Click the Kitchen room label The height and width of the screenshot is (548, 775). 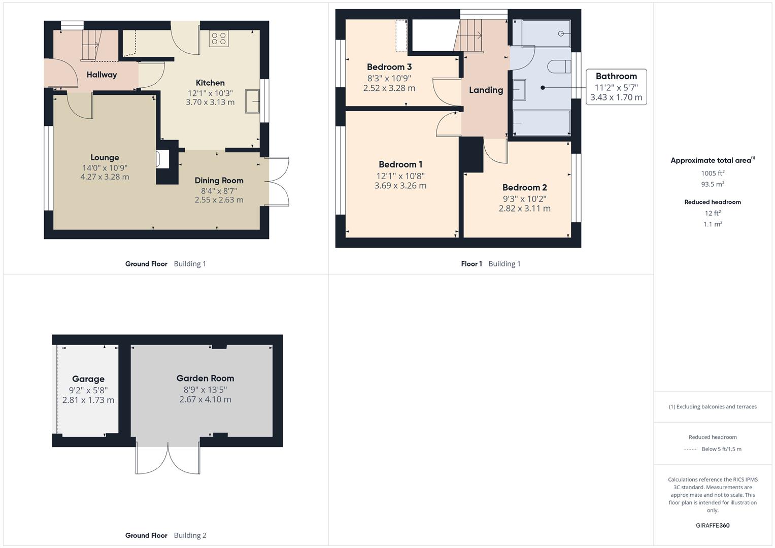pyautogui.click(x=210, y=83)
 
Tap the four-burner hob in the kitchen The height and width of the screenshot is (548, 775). pyautogui.click(x=219, y=39)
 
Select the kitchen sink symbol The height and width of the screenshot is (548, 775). pyautogui.click(x=252, y=101)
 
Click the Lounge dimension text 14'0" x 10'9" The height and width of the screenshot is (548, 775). pyautogui.click(x=105, y=167)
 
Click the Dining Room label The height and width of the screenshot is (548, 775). pyautogui.click(x=219, y=181)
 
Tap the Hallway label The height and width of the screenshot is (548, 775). pyautogui.click(x=102, y=75)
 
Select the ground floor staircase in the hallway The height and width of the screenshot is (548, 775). pyautogui.click(x=92, y=45)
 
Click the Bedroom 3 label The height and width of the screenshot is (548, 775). pyautogui.click(x=389, y=67)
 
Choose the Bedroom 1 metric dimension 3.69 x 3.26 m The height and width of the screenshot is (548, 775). pyautogui.click(x=400, y=186)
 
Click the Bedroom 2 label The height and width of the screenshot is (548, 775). pyautogui.click(x=524, y=188)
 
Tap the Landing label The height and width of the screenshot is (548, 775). pyautogui.click(x=486, y=90)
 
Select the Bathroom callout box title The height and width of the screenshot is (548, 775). pyautogui.click(x=616, y=76)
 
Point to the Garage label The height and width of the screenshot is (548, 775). pyautogui.click(x=88, y=379)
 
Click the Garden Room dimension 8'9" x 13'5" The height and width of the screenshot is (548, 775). pyautogui.click(x=205, y=390)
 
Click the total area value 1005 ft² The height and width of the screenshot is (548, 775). pyautogui.click(x=713, y=173)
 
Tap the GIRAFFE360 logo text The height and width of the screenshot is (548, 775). pyautogui.click(x=713, y=525)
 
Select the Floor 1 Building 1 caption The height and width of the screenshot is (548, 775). pyautogui.click(x=490, y=264)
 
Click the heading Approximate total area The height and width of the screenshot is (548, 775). pyautogui.click(x=712, y=160)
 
